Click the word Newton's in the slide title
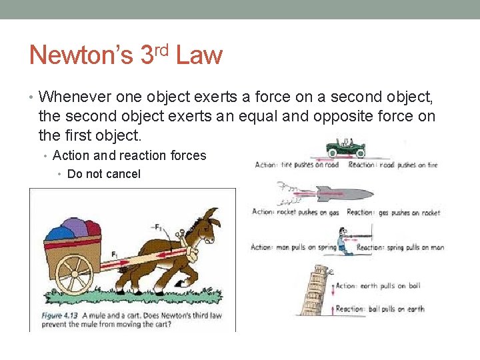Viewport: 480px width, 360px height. [81, 55]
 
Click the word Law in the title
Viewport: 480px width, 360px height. [199, 55]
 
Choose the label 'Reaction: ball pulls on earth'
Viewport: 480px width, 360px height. [380, 309]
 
